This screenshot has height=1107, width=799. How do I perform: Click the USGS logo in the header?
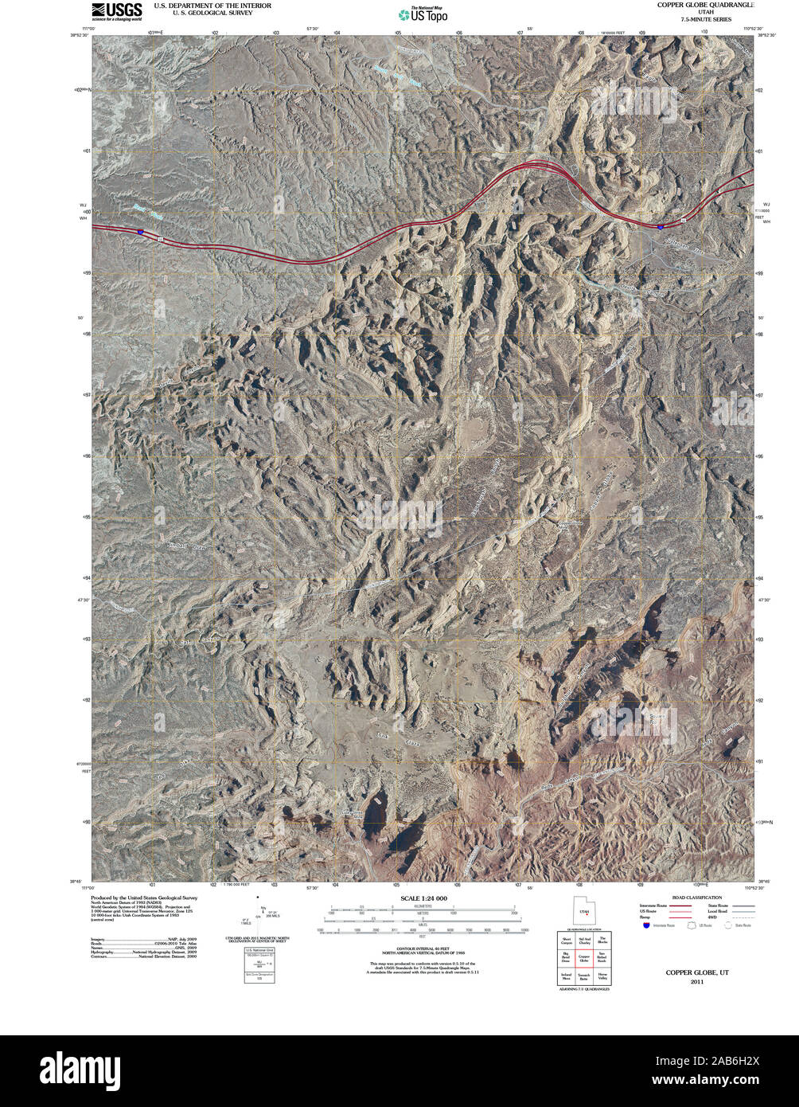(116, 11)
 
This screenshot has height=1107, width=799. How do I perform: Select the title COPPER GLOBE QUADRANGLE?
(705, 5)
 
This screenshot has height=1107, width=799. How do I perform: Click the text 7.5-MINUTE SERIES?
(705, 19)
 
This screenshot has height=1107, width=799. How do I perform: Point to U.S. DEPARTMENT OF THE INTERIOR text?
(212, 6)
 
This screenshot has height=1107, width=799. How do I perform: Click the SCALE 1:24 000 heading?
(423, 898)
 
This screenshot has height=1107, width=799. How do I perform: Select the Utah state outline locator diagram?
(584, 911)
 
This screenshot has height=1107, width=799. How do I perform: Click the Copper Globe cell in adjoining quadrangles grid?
(584, 959)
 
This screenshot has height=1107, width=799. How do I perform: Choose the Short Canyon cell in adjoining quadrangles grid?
(566, 941)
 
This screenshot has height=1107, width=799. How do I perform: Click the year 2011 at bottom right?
(697, 982)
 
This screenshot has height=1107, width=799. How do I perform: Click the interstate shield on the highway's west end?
(140, 232)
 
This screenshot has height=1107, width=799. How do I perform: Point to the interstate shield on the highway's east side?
(660, 226)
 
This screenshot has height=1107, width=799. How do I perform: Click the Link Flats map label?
(398, 737)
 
